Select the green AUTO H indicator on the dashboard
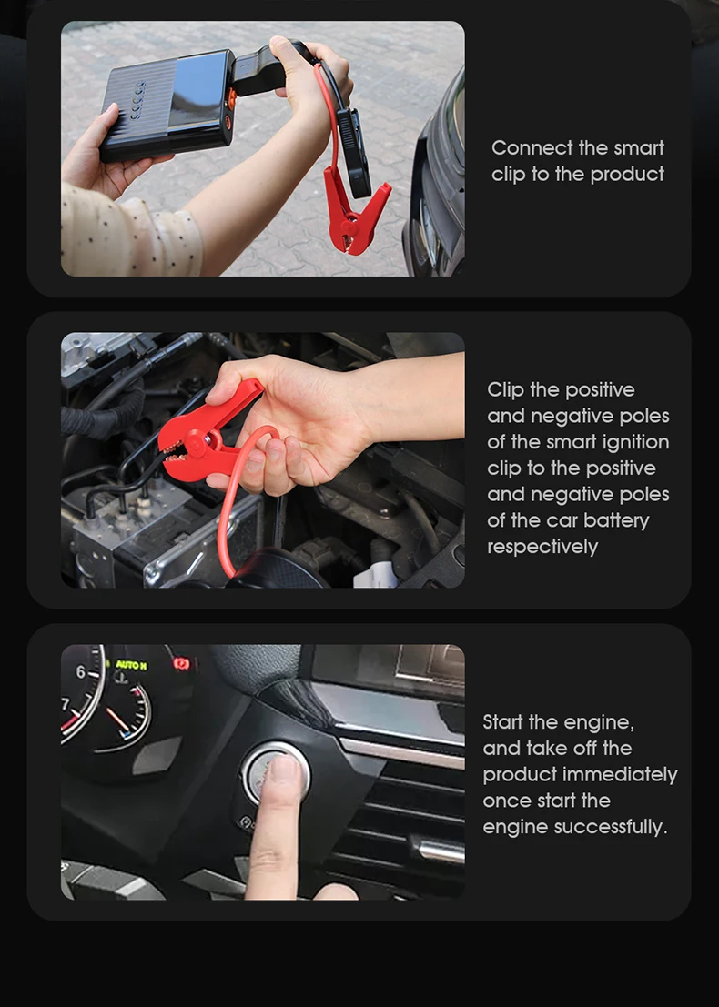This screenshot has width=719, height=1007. [x=131, y=665]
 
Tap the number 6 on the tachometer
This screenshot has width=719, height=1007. [x=81, y=671]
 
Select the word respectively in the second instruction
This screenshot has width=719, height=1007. [x=542, y=547]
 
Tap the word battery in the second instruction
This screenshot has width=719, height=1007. [x=616, y=520]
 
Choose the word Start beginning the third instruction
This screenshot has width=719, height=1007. [x=502, y=722]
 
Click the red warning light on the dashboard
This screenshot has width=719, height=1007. [x=182, y=663]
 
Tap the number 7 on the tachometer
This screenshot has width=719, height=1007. [x=65, y=704]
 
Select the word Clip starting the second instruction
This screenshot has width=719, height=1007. [x=506, y=390]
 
